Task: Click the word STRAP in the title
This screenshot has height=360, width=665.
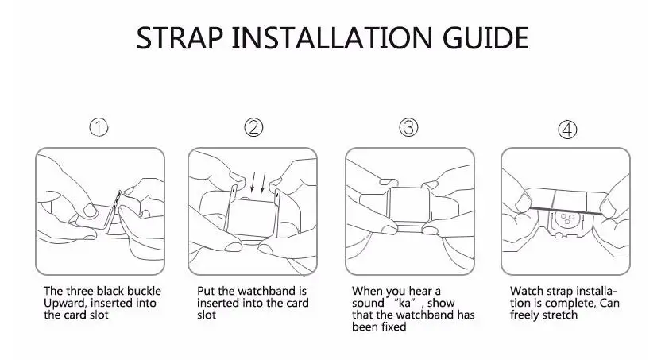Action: pyautogui.click(x=180, y=37)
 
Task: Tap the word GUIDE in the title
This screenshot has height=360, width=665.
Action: pyautogui.click(x=485, y=37)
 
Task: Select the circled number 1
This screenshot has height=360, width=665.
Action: pyautogui.click(x=99, y=127)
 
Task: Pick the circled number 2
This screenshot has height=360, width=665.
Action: pyautogui.click(x=253, y=127)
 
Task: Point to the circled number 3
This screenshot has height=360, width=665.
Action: pyautogui.click(x=408, y=127)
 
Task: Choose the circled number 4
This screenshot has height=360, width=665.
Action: pyautogui.click(x=567, y=130)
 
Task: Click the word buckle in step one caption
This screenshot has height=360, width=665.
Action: pyautogui.click(x=141, y=291)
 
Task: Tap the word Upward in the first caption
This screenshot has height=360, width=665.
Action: pyautogui.click(x=64, y=304)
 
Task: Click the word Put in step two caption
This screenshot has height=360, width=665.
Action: pyautogui.click(x=206, y=291)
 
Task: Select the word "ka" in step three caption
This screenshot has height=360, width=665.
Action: pyautogui.click(x=405, y=303)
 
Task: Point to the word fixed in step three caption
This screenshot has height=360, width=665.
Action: pyautogui.click(x=393, y=327)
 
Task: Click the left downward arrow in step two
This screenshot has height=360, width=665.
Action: pyautogui.click(x=253, y=181)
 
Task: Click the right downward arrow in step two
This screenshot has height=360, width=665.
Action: pyautogui.click(x=263, y=181)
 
